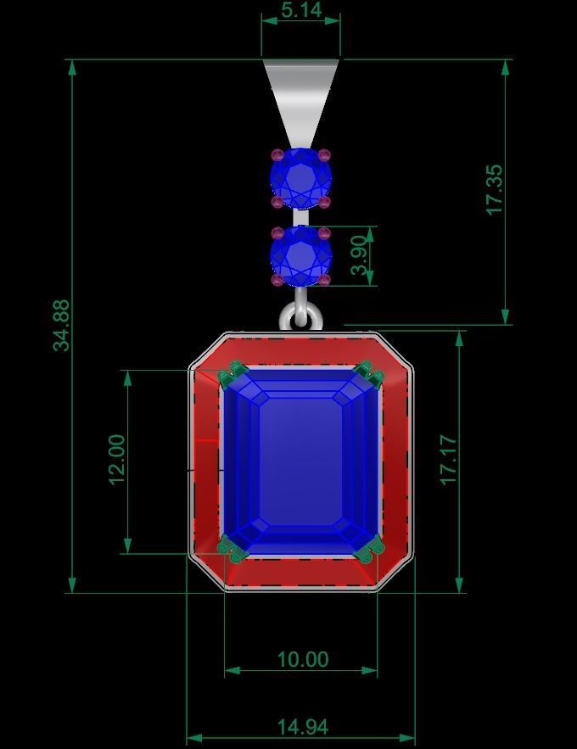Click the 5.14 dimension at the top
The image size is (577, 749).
click(300, 10)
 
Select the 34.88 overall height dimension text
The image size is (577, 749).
click(61, 325)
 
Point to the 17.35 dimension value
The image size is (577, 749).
click(495, 190)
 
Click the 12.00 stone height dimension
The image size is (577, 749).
click(117, 460)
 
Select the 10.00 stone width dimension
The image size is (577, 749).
click(302, 659)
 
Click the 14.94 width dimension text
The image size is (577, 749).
click(302, 727)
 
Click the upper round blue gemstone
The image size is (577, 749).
click(300, 179)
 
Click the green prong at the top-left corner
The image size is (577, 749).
click(232, 373)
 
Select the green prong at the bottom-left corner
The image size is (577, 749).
click(231, 551)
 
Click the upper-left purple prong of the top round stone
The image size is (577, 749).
click(277, 155)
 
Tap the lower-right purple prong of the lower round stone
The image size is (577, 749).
click(324, 280)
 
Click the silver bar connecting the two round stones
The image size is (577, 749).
click(300, 217)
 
